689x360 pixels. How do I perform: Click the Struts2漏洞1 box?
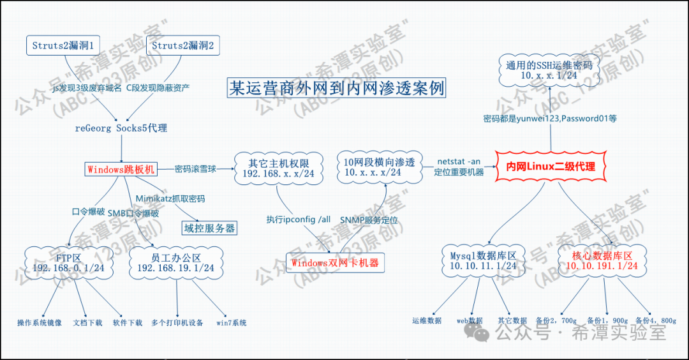[63, 45]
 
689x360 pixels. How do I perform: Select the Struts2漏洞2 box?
[182, 45]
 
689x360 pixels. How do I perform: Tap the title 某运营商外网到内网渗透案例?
[336, 88]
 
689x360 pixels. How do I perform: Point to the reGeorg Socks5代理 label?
[121, 128]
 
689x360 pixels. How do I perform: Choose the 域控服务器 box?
[209, 228]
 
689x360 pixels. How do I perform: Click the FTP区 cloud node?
[68, 262]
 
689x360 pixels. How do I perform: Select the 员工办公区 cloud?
[175, 262]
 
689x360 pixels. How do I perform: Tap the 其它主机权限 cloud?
[278, 168]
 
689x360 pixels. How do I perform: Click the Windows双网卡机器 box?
[335, 262]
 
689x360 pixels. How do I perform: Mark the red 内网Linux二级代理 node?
[550, 167]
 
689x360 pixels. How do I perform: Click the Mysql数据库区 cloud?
[483, 260]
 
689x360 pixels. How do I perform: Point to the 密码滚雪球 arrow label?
[195, 169]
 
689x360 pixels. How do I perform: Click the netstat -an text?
[459, 161]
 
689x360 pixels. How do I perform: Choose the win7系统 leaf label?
[232, 323]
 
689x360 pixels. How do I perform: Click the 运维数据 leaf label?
[427, 320]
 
